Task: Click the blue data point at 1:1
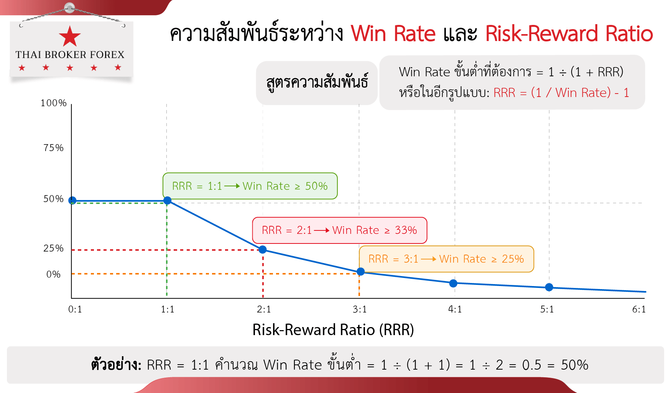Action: click(x=168, y=201)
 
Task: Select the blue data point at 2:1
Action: click(x=263, y=250)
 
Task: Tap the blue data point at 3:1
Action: click(x=361, y=271)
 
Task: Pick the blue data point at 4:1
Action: click(x=453, y=283)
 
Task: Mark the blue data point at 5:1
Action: click(x=549, y=287)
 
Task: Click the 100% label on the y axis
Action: click(x=54, y=103)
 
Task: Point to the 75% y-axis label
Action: click(x=54, y=148)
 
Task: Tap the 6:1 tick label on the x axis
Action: click(x=639, y=309)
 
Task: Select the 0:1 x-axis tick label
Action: click(x=75, y=309)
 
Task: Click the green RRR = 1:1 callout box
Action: click(x=250, y=186)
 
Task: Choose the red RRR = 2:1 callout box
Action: click(x=340, y=230)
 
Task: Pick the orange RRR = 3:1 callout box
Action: click(x=446, y=259)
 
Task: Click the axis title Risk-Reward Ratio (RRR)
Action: click(x=333, y=330)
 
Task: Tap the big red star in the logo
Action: click(x=70, y=36)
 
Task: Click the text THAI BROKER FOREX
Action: click(x=70, y=55)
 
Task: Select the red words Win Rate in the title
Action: click(x=393, y=34)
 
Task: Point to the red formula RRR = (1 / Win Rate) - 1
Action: click(x=561, y=93)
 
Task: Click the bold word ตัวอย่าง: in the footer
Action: click(x=116, y=364)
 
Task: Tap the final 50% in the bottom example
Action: click(x=575, y=365)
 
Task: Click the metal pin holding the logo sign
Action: click(x=70, y=8)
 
